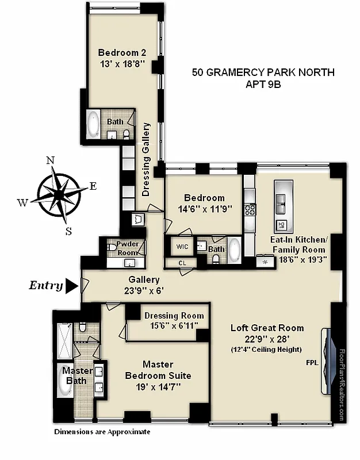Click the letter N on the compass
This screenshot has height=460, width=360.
pos(50,160)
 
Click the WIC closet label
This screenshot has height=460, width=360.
pos(182,247)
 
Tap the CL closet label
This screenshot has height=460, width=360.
pos(182,263)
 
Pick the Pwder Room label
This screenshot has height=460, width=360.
pos(128,248)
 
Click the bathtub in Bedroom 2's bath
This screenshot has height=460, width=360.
pos(93,124)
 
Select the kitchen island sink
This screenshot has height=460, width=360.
pos(282,200)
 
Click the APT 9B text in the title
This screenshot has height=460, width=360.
pos(262,85)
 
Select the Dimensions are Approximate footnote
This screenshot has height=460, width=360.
pos(102,432)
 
